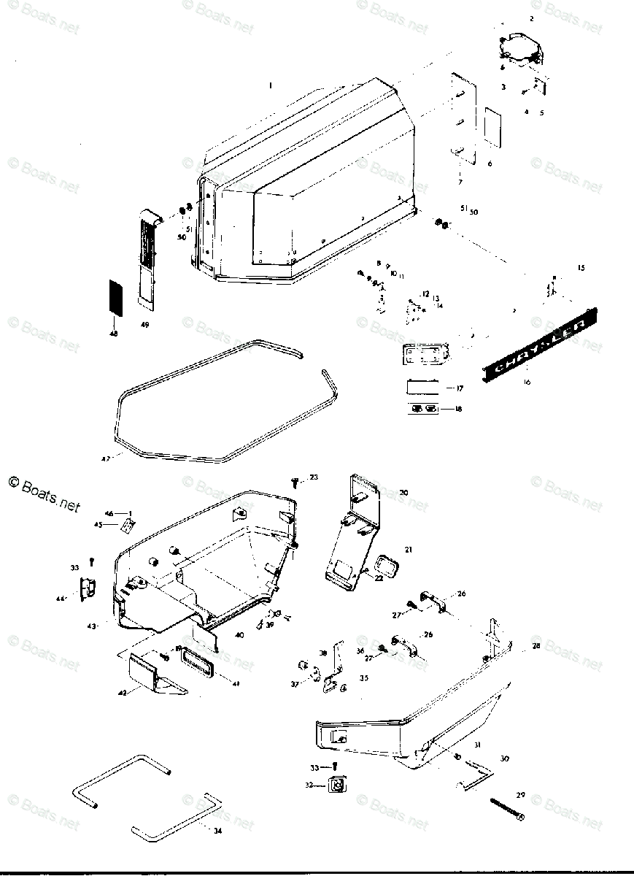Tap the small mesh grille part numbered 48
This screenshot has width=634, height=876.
click(x=114, y=297)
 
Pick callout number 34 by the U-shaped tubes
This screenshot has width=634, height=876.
click(x=217, y=830)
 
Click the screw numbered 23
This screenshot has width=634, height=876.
click(x=295, y=480)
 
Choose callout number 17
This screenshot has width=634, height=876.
click(x=459, y=388)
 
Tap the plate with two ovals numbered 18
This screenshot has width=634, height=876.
click(x=423, y=409)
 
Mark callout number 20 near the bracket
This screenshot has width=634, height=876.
click(x=403, y=493)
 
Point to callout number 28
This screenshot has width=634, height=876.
click(x=536, y=646)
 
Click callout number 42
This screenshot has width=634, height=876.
click(x=122, y=692)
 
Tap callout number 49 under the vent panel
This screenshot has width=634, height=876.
click(x=144, y=324)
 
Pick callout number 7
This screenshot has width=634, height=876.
click(x=460, y=181)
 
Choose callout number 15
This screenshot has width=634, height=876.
click(x=581, y=269)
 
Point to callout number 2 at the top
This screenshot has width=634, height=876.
click(x=531, y=17)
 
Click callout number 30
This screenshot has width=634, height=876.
click(x=505, y=759)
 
